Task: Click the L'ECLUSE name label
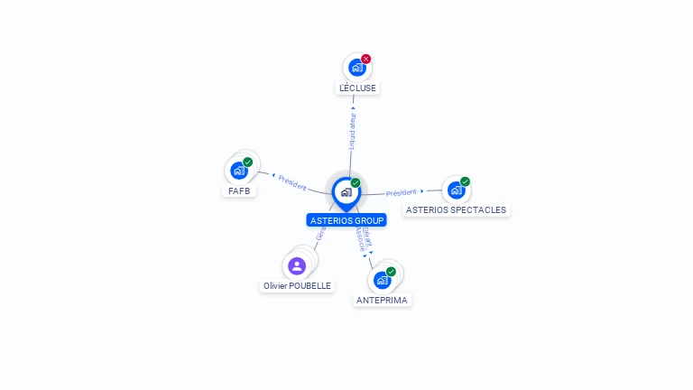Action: click(x=357, y=88)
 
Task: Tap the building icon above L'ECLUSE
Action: click(x=357, y=68)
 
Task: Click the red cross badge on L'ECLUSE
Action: click(x=366, y=59)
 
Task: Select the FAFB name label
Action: click(x=239, y=190)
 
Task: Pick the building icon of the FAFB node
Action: click(x=239, y=171)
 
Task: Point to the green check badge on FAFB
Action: click(x=248, y=162)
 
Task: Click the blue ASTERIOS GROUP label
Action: click(x=346, y=220)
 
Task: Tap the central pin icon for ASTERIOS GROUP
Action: click(x=346, y=191)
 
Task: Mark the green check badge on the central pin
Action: click(x=356, y=182)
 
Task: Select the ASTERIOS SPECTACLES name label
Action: click(x=457, y=209)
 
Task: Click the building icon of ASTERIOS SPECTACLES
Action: click(x=456, y=190)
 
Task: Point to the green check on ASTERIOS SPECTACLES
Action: click(x=466, y=181)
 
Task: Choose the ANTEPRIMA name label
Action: click(x=383, y=300)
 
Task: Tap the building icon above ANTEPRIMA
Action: click(x=382, y=280)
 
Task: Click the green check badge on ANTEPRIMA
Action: click(x=391, y=272)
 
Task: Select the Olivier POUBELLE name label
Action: click(x=297, y=285)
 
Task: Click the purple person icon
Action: click(x=297, y=265)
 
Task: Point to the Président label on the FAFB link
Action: click(x=292, y=181)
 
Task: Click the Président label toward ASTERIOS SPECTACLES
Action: click(x=402, y=192)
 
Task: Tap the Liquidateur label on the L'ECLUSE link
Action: click(x=353, y=131)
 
